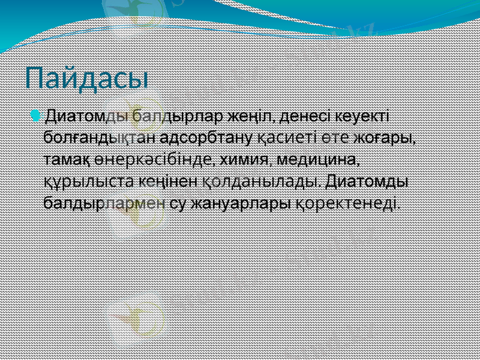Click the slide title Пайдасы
point(87,78)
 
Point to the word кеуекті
point(366,115)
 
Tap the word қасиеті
point(284,137)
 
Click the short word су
point(178,203)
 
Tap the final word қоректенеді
point(346,203)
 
